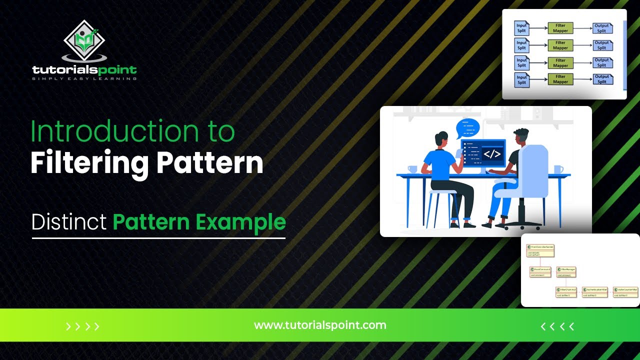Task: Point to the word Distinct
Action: [69, 222]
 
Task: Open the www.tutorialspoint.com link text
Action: [320, 325]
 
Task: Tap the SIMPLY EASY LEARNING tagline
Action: [84, 78]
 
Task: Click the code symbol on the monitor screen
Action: [492, 154]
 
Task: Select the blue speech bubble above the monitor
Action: [467, 128]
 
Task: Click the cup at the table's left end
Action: [412, 169]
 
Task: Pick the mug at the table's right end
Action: [558, 169]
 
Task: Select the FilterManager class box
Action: [566, 271]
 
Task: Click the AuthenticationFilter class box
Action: [594, 291]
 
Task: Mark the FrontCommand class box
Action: [540, 271]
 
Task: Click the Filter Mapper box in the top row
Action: [560, 28]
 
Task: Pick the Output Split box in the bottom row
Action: [602, 79]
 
